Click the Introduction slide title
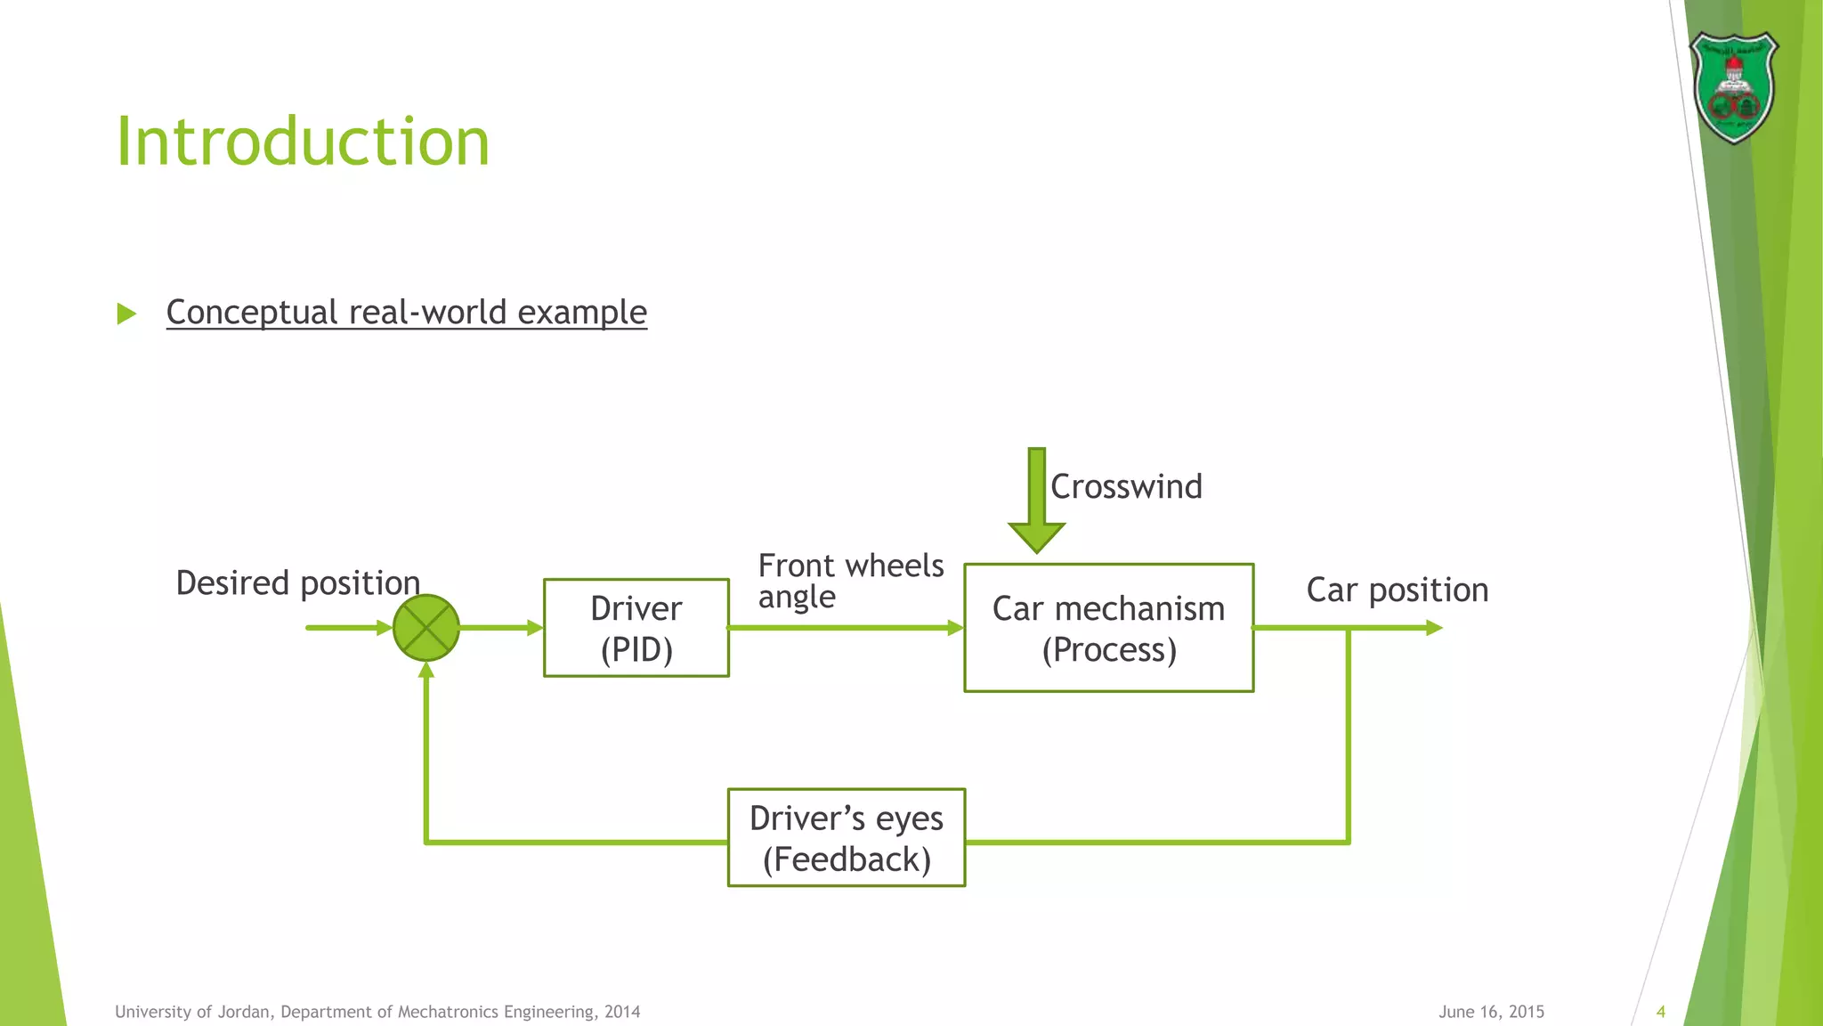[x=303, y=142]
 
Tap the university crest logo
[x=1733, y=87]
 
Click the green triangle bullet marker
[x=126, y=313]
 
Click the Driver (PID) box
[x=636, y=628]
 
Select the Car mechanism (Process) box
[x=1108, y=628]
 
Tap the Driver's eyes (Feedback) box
[x=846, y=837]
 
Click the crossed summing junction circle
[x=426, y=628]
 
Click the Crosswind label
[x=1126, y=486]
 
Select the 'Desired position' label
[x=297, y=582]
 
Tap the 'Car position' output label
[x=1397, y=590]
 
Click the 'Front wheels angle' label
[x=850, y=581]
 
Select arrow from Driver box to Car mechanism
[x=846, y=628]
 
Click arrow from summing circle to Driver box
[x=500, y=628]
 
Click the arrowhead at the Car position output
[x=1433, y=628]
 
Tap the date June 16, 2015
[x=1491, y=1012]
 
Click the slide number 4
[x=1660, y=1012]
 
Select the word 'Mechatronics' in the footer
[x=449, y=1012]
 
